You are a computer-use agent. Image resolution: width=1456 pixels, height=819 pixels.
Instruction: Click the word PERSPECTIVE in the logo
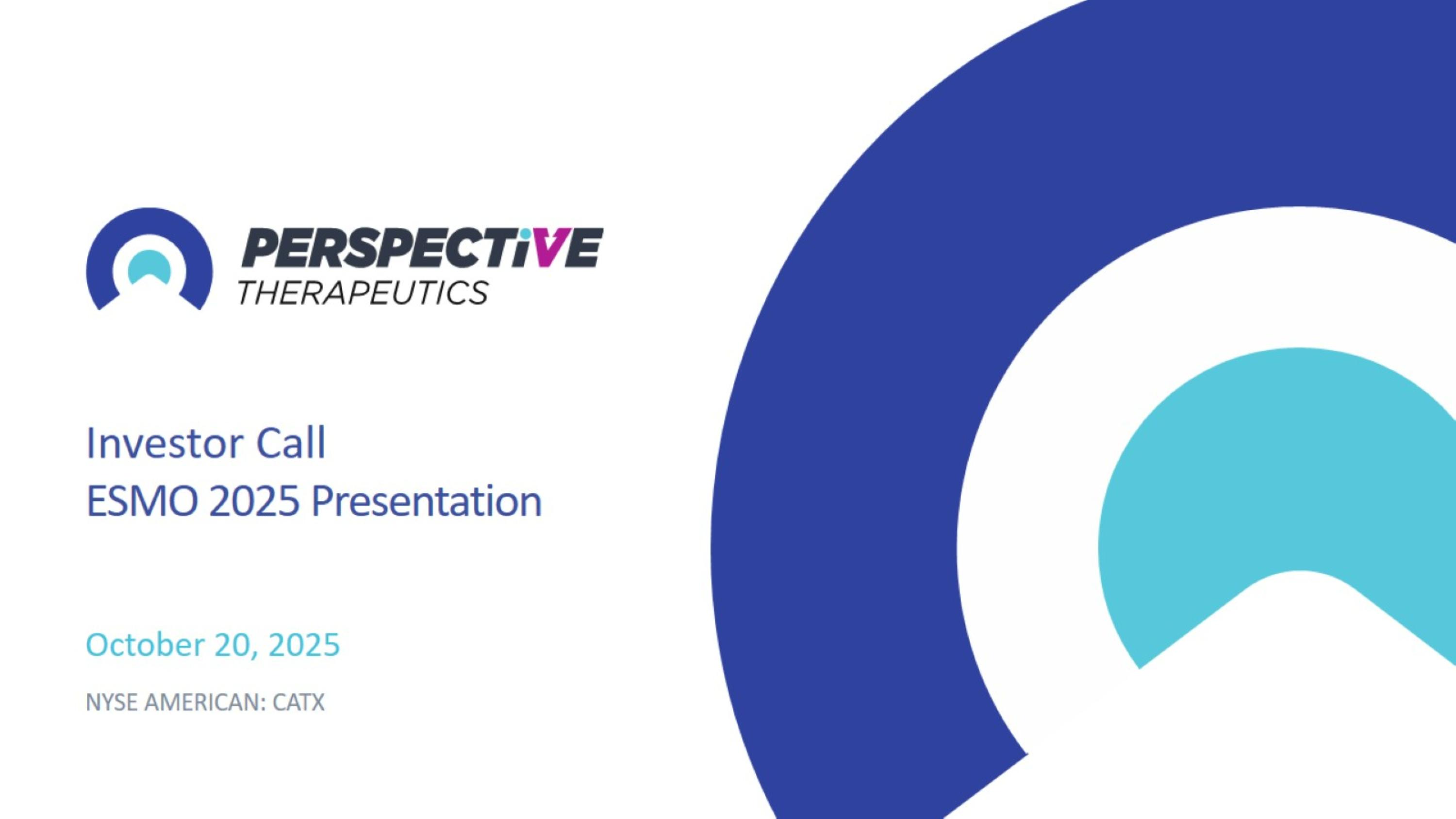tap(422, 247)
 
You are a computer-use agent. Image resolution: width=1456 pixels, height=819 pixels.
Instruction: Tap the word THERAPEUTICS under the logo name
tap(363, 293)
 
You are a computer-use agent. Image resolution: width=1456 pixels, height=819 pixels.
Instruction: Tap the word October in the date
tap(145, 644)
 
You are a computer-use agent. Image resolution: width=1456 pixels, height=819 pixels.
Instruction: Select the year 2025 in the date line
tap(304, 644)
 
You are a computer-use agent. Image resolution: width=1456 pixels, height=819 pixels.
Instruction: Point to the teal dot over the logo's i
tap(526, 233)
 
